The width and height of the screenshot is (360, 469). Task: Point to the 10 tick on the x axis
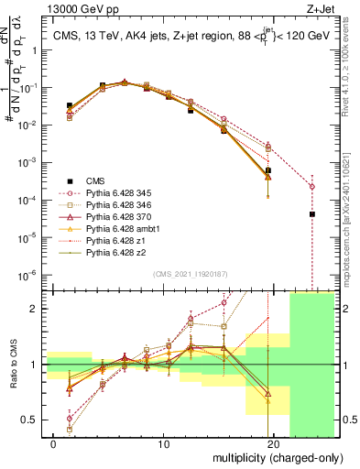tap(165, 444)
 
